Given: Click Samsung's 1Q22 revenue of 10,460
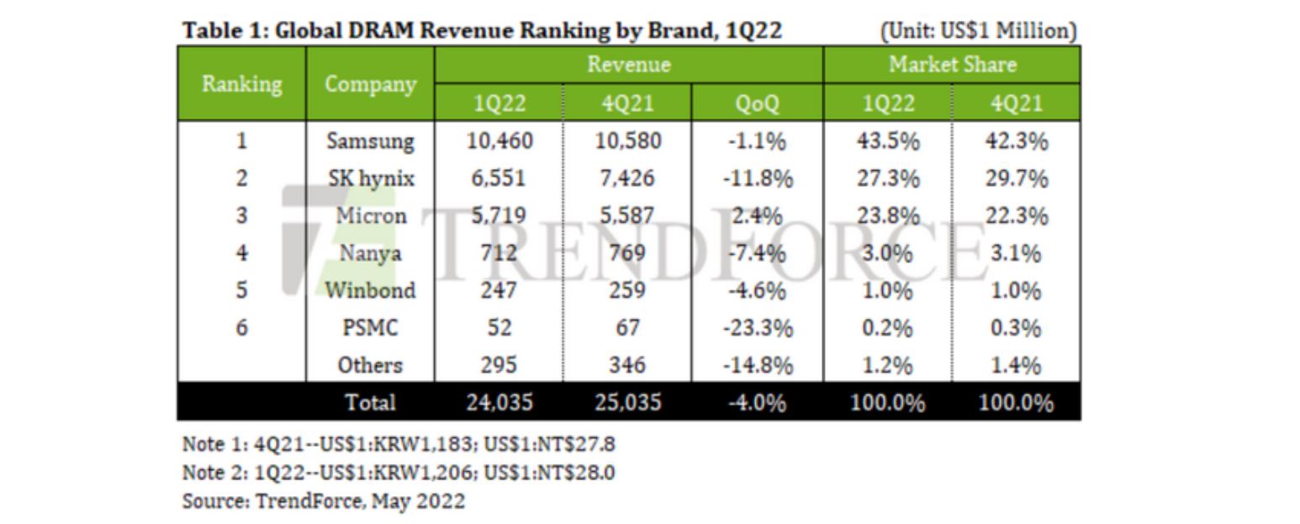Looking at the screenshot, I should click(499, 141).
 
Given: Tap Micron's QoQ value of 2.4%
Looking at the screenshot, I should click(757, 216).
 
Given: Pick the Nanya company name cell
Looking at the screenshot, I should click(370, 253).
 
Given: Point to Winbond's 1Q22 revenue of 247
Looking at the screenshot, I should click(499, 291).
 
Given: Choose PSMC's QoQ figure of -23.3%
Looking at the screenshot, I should click(757, 328).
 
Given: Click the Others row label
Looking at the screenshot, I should click(370, 366).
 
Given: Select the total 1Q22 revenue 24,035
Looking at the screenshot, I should click(499, 403).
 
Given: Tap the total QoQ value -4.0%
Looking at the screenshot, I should click(757, 403).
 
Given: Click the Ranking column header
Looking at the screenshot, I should click(242, 84).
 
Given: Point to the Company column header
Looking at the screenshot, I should click(370, 84).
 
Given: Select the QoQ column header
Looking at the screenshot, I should click(757, 103).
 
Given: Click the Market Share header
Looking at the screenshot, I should click(952, 65).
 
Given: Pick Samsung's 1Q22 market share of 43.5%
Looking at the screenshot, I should click(888, 141).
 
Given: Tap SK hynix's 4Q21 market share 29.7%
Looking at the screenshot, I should click(1016, 178).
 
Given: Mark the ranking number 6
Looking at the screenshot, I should click(242, 328).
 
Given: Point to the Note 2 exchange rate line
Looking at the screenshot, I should click(399, 473).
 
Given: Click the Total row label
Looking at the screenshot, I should click(370, 403).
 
